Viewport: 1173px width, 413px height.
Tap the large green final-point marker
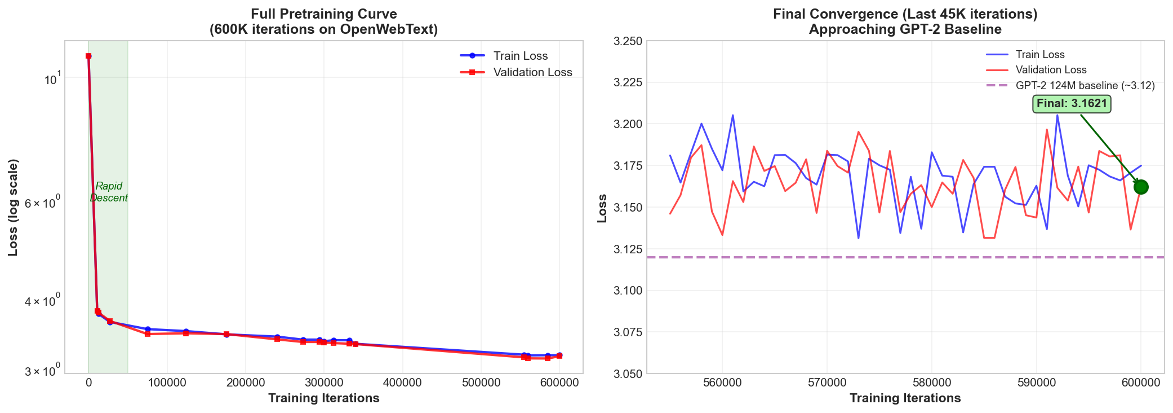pos(1141,187)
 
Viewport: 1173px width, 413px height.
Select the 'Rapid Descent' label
pos(109,192)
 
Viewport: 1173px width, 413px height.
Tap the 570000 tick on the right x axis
pos(827,383)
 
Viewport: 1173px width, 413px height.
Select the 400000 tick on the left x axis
pos(402,383)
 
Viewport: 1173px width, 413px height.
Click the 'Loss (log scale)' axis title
pos(13,207)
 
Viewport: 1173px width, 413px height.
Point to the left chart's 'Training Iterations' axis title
pos(323,398)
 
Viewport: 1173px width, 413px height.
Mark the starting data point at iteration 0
pos(88,56)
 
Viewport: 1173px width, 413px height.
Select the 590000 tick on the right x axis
pos(1036,383)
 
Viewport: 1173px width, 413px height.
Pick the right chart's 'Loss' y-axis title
pos(602,208)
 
